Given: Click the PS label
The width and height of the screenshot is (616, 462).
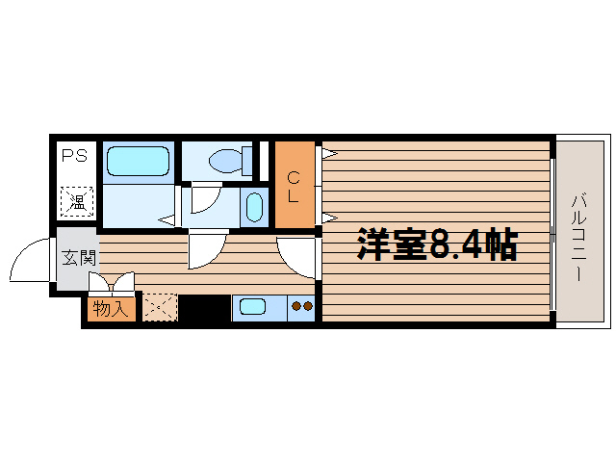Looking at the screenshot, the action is [x=74, y=156].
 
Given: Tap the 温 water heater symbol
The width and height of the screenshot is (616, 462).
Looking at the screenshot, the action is [x=77, y=201].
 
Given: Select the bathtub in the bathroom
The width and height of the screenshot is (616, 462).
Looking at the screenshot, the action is [x=138, y=161].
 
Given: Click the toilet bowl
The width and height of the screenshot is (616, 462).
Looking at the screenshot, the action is [x=225, y=161].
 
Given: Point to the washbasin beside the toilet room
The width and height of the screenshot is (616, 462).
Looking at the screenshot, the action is [x=254, y=207].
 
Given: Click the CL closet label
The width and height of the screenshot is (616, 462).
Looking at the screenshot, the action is [x=293, y=188].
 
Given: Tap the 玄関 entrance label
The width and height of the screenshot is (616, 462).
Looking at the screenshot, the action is [x=79, y=258].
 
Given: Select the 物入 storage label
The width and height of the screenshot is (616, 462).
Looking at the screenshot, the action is [x=111, y=310].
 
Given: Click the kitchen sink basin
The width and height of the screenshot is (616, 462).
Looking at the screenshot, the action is [x=252, y=306].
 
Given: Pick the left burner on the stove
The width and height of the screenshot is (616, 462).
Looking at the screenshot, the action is [x=295, y=306].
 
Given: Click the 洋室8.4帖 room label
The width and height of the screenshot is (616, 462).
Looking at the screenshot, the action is [x=437, y=244].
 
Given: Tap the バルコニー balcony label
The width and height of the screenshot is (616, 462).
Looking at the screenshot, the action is [x=578, y=237].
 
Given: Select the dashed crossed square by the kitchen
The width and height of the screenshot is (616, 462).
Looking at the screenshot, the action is [x=160, y=307].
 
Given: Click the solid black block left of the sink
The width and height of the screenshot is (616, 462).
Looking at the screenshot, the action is [x=204, y=308].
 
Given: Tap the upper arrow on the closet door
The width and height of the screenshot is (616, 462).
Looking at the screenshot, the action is [x=329, y=153].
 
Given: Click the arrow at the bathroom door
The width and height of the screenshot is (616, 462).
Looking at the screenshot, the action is [x=167, y=220].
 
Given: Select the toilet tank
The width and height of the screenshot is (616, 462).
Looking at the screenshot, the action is [x=247, y=161].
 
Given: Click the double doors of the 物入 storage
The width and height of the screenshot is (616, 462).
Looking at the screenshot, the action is [x=112, y=282].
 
